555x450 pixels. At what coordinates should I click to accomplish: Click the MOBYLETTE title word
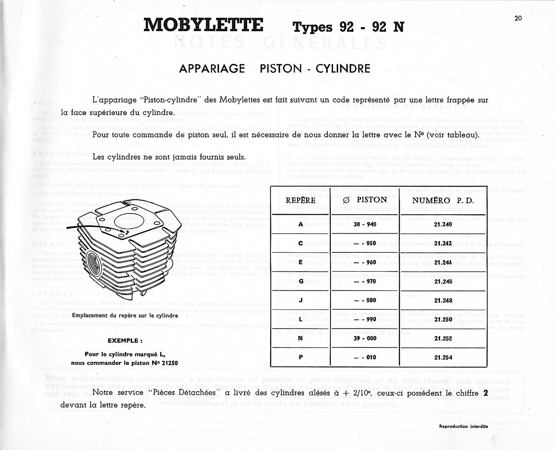pyautogui.click(x=204, y=25)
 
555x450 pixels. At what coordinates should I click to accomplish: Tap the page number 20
pyautogui.click(x=518, y=18)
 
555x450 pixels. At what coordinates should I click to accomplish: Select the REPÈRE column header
pyautogui.click(x=300, y=200)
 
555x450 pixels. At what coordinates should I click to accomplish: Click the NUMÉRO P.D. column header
pyautogui.click(x=443, y=200)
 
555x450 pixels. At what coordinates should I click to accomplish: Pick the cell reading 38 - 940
pyautogui.click(x=364, y=224)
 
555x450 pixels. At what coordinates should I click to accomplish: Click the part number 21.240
pyautogui.click(x=443, y=224)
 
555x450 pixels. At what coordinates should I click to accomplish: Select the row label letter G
pyautogui.click(x=301, y=281)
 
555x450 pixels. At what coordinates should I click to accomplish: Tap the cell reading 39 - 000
pyautogui.click(x=364, y=338)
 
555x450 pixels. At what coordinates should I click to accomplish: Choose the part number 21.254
pyautogui.click(x=443, y=357)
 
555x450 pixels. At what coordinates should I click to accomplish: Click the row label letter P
pyautogui.click(x=301, y=357)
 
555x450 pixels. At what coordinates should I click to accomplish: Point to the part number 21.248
pyautogui.click(x=443, y=300)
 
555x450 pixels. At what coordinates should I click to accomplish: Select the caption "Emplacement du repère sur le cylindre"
pyautogui.click(x=125, y=316)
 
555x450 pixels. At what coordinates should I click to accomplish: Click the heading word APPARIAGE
pyautogui.click(x=212, y=69)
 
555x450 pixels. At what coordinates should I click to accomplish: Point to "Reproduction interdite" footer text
pyautogui.click(x=463, y=426)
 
